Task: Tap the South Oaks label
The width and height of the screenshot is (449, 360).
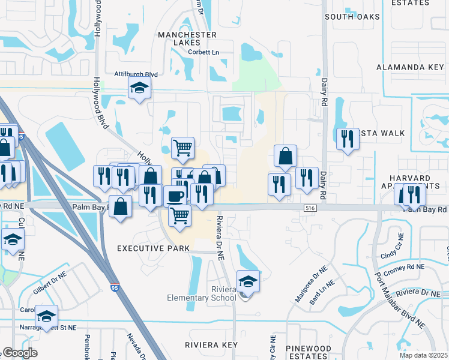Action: point(354,17)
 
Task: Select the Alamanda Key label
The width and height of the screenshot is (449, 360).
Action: point(409,67)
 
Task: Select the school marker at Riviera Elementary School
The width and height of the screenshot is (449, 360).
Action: point(248,280)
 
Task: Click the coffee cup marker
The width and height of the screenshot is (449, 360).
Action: point(175,196)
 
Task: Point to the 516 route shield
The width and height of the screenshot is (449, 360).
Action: point(310,208)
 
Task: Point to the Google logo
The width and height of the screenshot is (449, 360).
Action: point(20,353)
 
